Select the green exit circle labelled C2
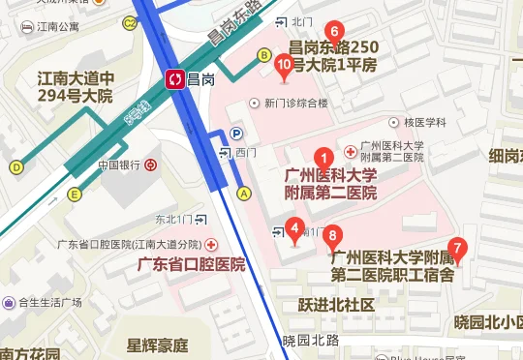point(130,21)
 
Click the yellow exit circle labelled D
point(15,166)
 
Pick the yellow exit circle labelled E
point(74,195)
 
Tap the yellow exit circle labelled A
point(244,193)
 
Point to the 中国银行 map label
point(120,165)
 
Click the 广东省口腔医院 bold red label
point(191,264)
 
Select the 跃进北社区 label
point(336,305)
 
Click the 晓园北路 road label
point(311,340)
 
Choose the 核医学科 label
point(424,123)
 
